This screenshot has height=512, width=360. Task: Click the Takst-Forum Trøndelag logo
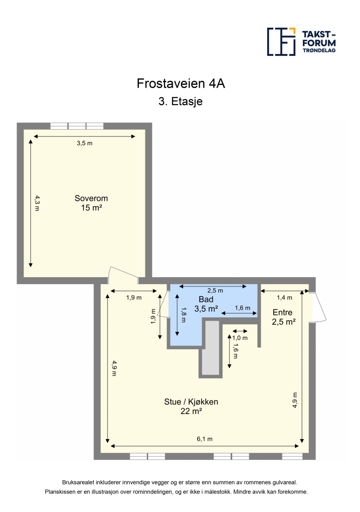click(301, 42)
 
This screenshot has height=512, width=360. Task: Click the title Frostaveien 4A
click(180, 83)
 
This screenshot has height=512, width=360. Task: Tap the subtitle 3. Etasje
click(180, 101)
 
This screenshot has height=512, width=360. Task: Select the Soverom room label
click(91, 198)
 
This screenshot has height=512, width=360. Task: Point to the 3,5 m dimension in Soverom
click(84, 143)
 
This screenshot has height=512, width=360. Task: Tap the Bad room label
click(206, 299)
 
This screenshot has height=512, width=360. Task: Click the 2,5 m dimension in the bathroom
click(215, 291)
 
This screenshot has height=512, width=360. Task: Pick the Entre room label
click(282, 312)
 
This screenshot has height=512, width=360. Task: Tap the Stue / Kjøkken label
click(191, 402)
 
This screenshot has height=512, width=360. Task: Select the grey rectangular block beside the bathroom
click(211, 349)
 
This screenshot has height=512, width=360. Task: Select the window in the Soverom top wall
click(77, 126)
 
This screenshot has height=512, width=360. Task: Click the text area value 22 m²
click(192, 411)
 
